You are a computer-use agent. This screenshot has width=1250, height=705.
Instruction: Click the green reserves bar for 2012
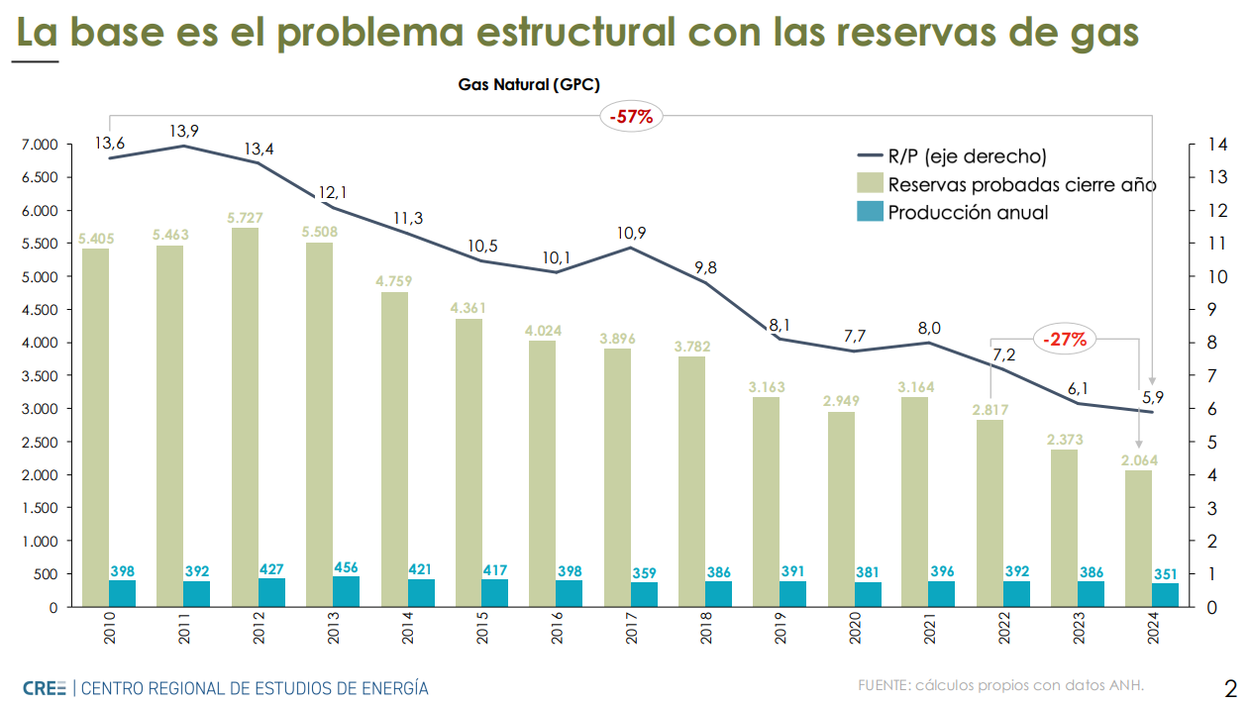pyautogui.click(x=245, y=416)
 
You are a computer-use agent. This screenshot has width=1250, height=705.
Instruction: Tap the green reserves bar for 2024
pyautogui.click(x=1139, y=538)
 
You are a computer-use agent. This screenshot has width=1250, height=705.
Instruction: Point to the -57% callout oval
pyautogui.click(x=631, y=116)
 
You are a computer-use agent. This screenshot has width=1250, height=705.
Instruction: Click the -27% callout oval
pyautogui.click(x=1066, y=340)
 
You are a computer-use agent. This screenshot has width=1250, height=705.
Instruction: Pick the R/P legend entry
pyautogui.click(x=951, y=156)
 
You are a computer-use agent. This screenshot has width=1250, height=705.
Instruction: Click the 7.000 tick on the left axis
pyautogui.click(x=39, y=146)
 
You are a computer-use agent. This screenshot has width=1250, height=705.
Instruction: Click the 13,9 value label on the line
pyautogui.click(x=184, y=131)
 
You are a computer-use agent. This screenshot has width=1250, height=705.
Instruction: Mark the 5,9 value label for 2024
pyautogui.click(x=1154, y=397)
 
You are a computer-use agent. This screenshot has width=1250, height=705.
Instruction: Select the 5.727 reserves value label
pyautogui.click(x=245, y=218)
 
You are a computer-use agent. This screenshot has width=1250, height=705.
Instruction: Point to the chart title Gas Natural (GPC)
pyautogui.click(x=529, y=85)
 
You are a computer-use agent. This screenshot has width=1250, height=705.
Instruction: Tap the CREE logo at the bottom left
pyautogui.click(x=46, y=687)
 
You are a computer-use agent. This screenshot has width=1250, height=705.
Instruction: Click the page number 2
pyautogui.click(x=1230, y=688)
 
